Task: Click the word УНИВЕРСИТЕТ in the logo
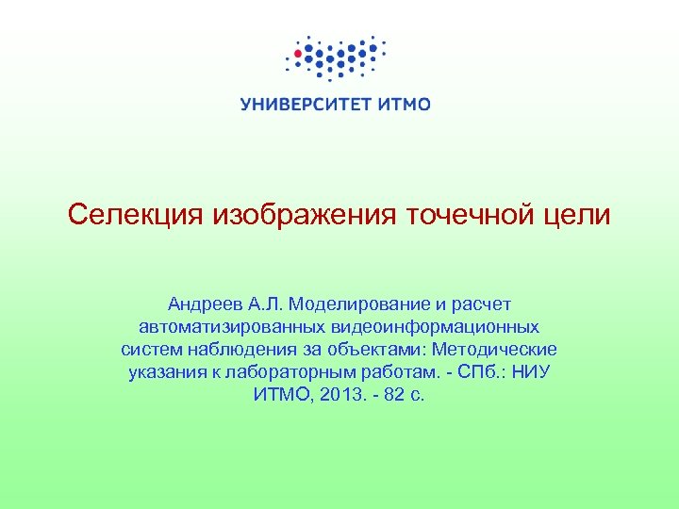301,105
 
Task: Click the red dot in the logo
299,54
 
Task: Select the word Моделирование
361,304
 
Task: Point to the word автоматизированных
230,327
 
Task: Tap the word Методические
494,350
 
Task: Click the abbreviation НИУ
529,372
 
